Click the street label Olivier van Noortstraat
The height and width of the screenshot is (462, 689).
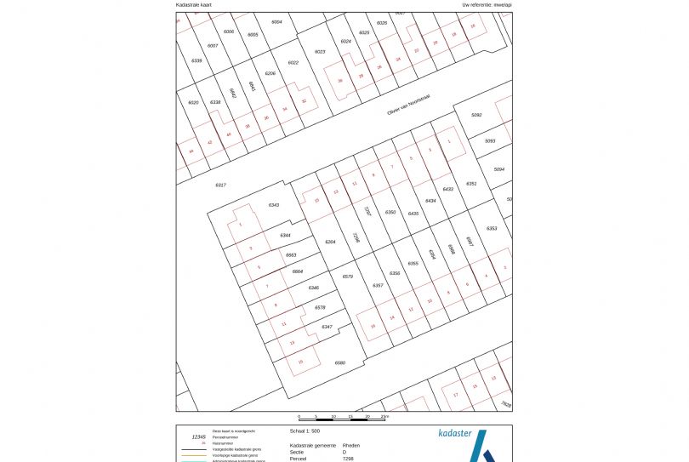point(408,105)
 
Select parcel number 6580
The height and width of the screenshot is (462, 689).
point(340,363)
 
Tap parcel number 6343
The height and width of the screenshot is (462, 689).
point(274,205)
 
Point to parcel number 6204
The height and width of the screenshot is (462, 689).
point(331,242)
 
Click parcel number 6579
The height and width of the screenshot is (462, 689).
point(347,277)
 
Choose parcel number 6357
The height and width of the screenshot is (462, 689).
point(378,285)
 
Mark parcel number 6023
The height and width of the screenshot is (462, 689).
point(320,52)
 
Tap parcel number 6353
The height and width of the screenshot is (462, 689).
point(492,229)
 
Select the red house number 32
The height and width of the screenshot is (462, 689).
point(304,100)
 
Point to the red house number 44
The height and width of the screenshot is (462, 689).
point(191,151)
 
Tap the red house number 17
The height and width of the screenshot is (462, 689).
point(456,396)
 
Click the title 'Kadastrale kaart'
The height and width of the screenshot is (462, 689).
point(194,4)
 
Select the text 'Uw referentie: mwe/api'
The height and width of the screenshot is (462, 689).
point(487,4)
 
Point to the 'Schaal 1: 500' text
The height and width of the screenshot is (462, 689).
point(305,431)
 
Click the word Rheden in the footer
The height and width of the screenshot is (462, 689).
point(350,445)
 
